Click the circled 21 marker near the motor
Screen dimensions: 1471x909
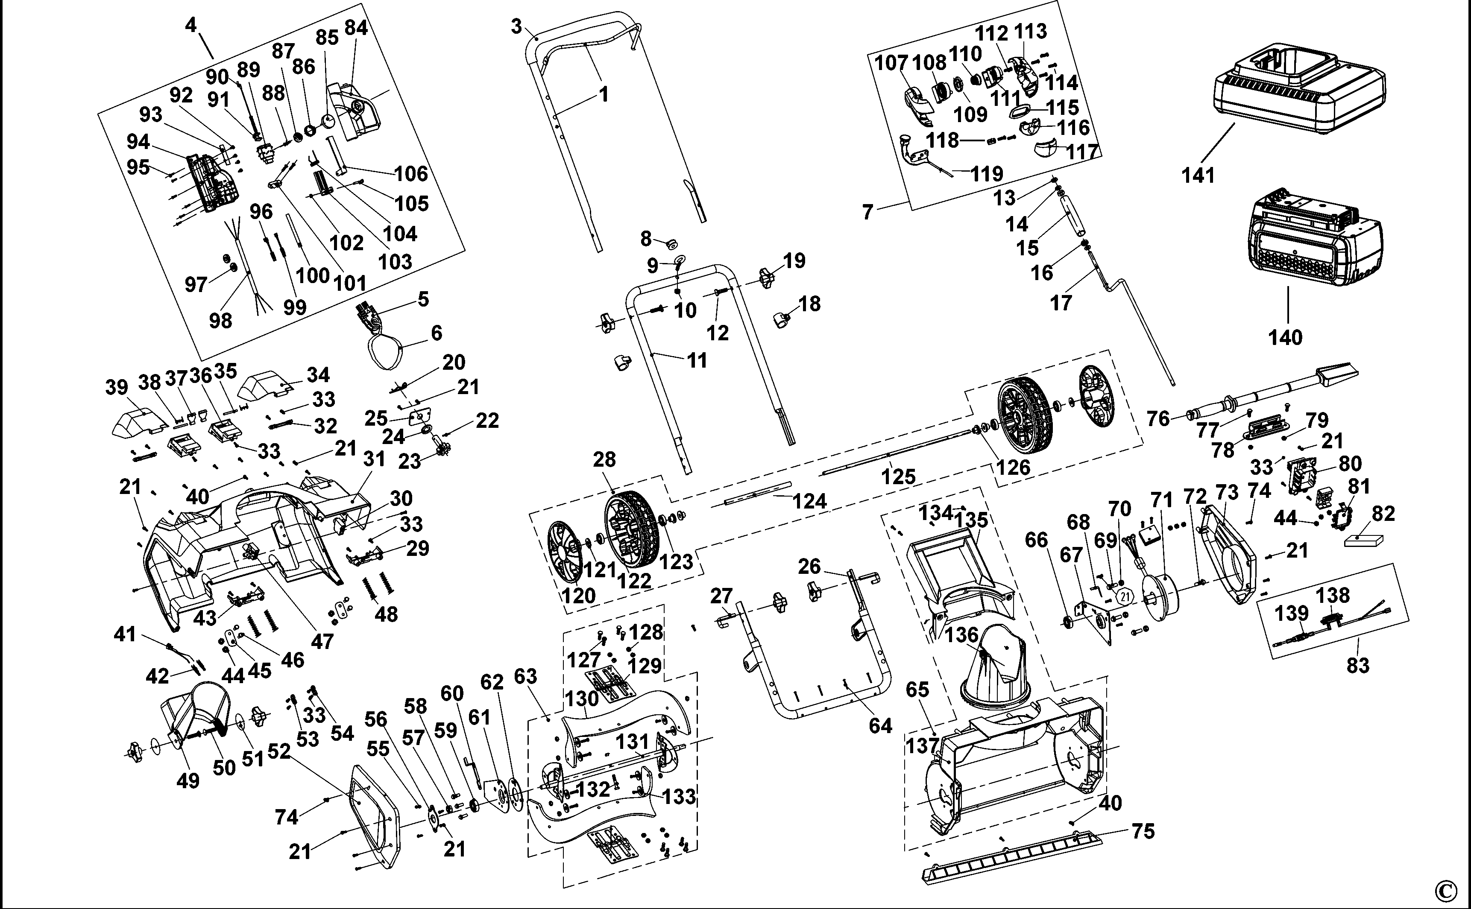[1125, 596]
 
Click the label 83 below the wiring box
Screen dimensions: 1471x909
[1357, 666]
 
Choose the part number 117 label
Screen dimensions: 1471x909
[1082, 152]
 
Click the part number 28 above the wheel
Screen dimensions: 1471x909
[604, 459]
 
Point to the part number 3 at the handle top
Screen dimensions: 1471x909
[516, 26]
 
